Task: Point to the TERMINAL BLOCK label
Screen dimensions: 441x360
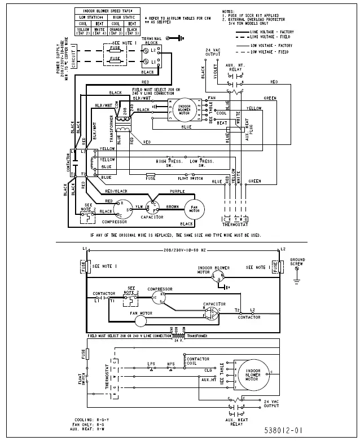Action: tap(155, 41)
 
